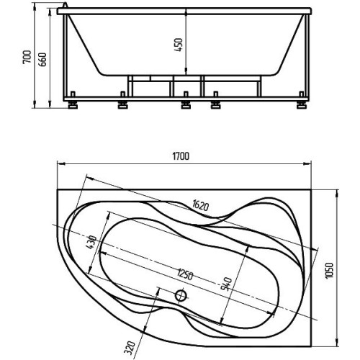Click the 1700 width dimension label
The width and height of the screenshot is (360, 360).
181,156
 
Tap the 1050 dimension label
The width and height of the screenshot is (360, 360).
330,271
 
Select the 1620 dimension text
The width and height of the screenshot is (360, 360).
200,205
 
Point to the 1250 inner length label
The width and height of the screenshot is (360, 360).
185,274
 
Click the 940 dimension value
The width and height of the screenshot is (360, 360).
226,284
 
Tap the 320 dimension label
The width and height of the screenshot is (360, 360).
130,348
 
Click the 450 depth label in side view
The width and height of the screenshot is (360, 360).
179,45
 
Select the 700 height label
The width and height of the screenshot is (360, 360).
27,57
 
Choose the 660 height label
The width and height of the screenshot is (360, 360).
42,59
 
